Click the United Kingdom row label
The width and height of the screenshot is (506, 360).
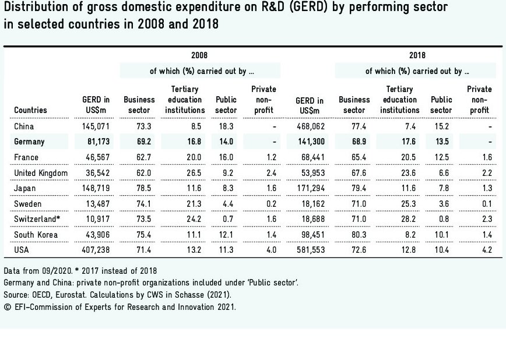coord(41,173)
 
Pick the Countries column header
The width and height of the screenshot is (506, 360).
coord(30,110)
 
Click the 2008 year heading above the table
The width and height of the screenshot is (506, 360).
coord(199,55)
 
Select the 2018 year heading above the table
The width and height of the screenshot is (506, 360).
coord(417,55)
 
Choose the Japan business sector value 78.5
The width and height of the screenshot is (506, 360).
coord(139,188)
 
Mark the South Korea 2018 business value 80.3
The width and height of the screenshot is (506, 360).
coord(354,235)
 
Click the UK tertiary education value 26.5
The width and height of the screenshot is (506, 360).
coord(185,173)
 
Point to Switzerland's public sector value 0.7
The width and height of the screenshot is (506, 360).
coord(226,219)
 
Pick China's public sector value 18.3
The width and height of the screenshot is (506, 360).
coord(226,126)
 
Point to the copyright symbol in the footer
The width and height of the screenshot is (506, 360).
coord(7,306)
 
